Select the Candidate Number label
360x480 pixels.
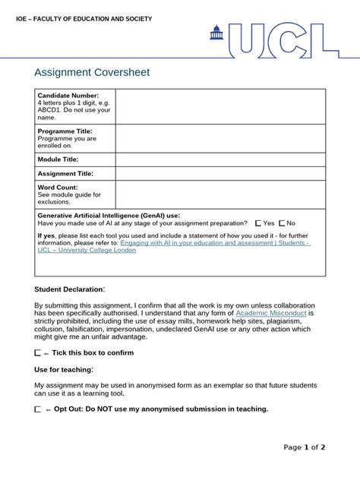[x=68, y=96]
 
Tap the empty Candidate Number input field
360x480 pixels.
[x=220, y=106]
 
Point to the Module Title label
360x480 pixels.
[x=58, y=159]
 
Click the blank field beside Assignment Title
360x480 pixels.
[x=220, y=174]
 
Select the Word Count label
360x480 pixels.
[x=57, y=187]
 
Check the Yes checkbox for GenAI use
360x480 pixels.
[x=259, y=223]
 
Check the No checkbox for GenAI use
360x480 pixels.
[x=282, y=223]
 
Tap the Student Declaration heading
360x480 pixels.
[x=69, y=289]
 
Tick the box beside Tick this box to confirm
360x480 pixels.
[x=39, y=353]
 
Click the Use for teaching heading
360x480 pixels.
[x=64, y=370]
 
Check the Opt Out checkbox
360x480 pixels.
[x=39, y=409]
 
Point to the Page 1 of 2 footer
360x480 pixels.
[x=304, y=447]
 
